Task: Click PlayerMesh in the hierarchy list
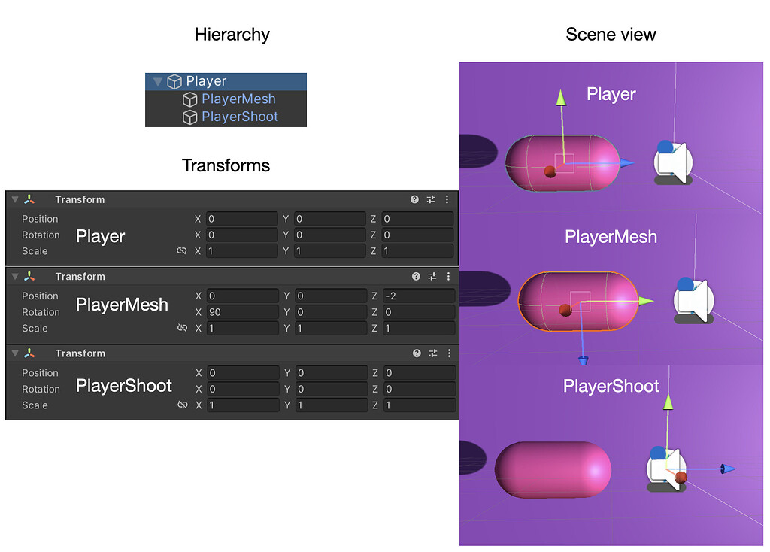click(x=238, y=99)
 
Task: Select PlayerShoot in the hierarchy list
click(x=240, y=117)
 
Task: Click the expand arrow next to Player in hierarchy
click(x=157, y=81)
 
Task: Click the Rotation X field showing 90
click(x=242, y=312)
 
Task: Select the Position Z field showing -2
click(x=418, y=296)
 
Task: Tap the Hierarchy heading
click(x=232, y=34)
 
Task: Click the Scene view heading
click(x=611, y=34)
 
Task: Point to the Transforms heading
click(x=226, y=165)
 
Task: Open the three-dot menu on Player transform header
click(x=447, y=199)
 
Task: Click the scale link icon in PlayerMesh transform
click(x=181, y=329)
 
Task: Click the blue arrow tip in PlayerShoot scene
click(x=727, y=469)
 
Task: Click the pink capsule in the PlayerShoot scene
click(x=553, y=470)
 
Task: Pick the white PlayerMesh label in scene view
click(x=611, y=237)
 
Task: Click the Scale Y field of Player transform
click(x=329, y=251)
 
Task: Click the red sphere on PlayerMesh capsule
click(x=565, y=309)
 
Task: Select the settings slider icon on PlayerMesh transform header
click(x=432, y=277)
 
